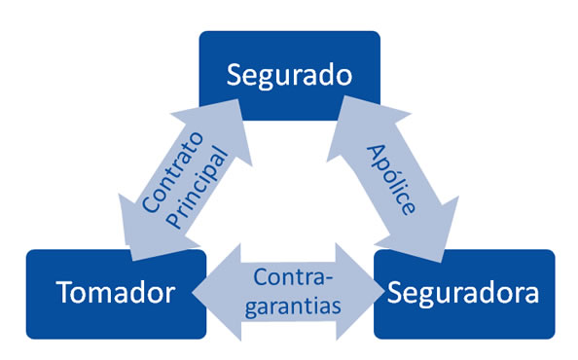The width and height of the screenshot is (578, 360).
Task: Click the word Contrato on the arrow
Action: [x=173, y=172]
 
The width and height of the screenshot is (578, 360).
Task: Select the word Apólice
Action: [x=391, y=179]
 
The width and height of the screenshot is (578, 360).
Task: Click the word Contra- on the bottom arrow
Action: [x=293, y=277]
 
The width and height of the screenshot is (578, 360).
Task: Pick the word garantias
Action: [x=293, y=306]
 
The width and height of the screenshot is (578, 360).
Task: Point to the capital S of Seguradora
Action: [x=395, y=292]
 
